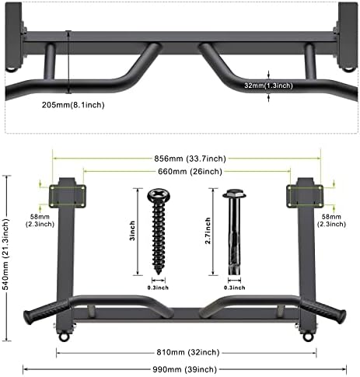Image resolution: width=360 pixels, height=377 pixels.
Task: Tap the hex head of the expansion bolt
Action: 232,194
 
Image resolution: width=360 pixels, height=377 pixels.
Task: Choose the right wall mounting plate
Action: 306,196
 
